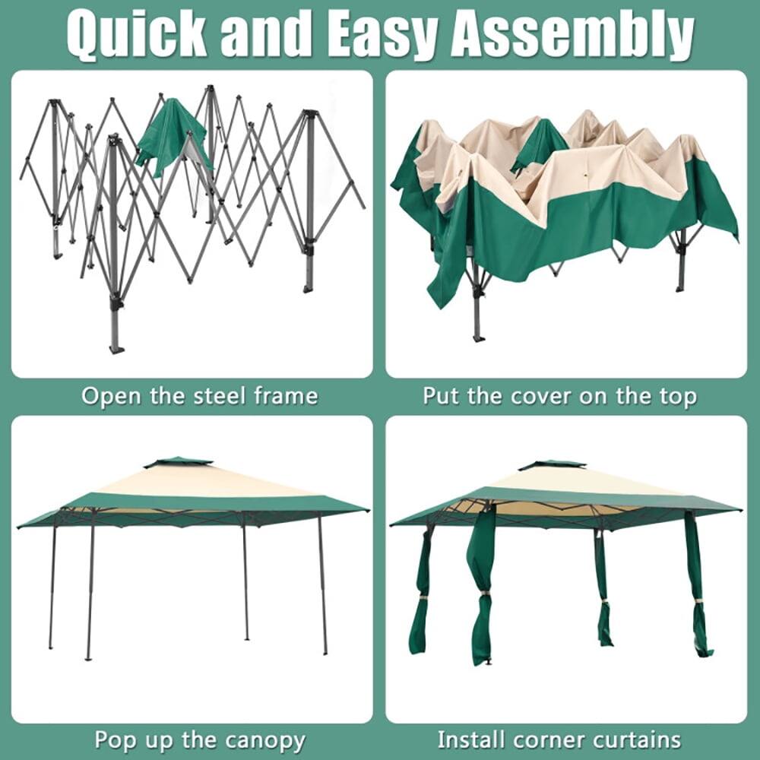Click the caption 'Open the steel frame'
pyautogui.click(x=199, y=396)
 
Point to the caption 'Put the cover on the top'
pyautogui.click(x=559, y=396)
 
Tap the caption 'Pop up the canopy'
pyautogui.click(x=200, y=739)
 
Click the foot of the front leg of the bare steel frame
pyautogui.click(x=116, y=348)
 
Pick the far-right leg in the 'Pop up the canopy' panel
pyautogui.click(x=322, y=585)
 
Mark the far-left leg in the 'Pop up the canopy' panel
pyautogui.click(x=52, y=585)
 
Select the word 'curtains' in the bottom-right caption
pyautogui.click(x=634, y=739)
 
